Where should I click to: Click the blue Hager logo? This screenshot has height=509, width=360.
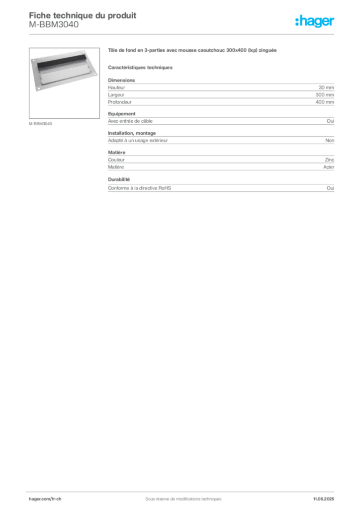tap(316, 21)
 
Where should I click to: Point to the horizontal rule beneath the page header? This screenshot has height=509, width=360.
tap(182, 34)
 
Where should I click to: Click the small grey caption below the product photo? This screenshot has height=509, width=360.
tap(41, 123)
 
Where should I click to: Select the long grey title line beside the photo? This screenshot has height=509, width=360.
tap(192, 51)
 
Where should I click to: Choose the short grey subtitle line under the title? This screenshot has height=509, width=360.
tap(141, 67)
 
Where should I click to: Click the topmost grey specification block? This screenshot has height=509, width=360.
tap(221, 92)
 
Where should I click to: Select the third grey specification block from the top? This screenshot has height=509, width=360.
tap(221, 140)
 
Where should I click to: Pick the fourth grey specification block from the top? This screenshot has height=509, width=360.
tap(221, 160)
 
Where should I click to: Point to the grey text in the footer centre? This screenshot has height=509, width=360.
tap(179, 497)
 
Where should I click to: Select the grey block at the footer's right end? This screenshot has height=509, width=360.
tap(326, 496)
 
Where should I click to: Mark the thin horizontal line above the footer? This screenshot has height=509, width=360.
tap(182, 490)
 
